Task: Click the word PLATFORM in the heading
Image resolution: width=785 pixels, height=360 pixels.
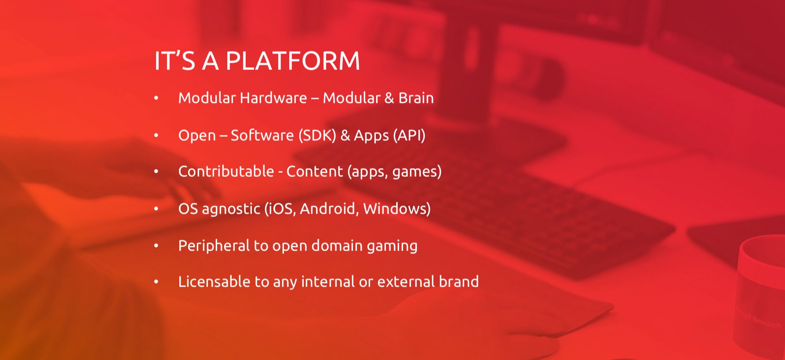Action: (293, 61)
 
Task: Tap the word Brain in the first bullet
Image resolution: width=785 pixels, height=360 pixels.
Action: (416, 98)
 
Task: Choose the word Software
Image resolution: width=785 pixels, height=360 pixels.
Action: (262, 135)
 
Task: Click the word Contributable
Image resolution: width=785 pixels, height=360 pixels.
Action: (226, 171)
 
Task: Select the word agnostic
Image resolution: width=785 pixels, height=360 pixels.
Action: (231, 209)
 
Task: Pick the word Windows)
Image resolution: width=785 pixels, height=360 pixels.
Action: (397, 208)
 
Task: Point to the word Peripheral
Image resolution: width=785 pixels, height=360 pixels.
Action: (214, 245)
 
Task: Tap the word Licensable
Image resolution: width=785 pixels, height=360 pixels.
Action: (214, 281)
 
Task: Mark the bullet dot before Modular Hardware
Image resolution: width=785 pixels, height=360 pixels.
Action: (156, 98)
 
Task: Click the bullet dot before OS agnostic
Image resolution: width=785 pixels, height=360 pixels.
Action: (156, 209)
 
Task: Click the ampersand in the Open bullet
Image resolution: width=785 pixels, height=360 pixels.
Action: (345, 135)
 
